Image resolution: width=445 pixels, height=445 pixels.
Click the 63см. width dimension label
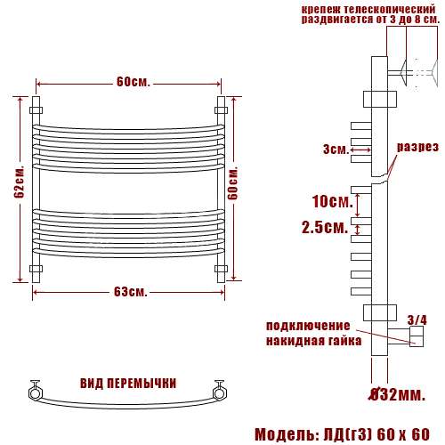131,292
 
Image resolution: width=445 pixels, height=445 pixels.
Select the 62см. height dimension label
20,182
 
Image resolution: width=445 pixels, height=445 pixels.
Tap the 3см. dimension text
336,150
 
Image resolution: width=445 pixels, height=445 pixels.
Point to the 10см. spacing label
332,201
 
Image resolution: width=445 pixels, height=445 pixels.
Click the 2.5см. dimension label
325,228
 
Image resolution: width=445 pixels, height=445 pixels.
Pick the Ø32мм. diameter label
396,394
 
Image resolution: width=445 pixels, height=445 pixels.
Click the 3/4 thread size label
417,320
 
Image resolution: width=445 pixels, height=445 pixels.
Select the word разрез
417,147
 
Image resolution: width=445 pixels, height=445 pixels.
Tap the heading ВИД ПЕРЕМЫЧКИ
128,384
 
